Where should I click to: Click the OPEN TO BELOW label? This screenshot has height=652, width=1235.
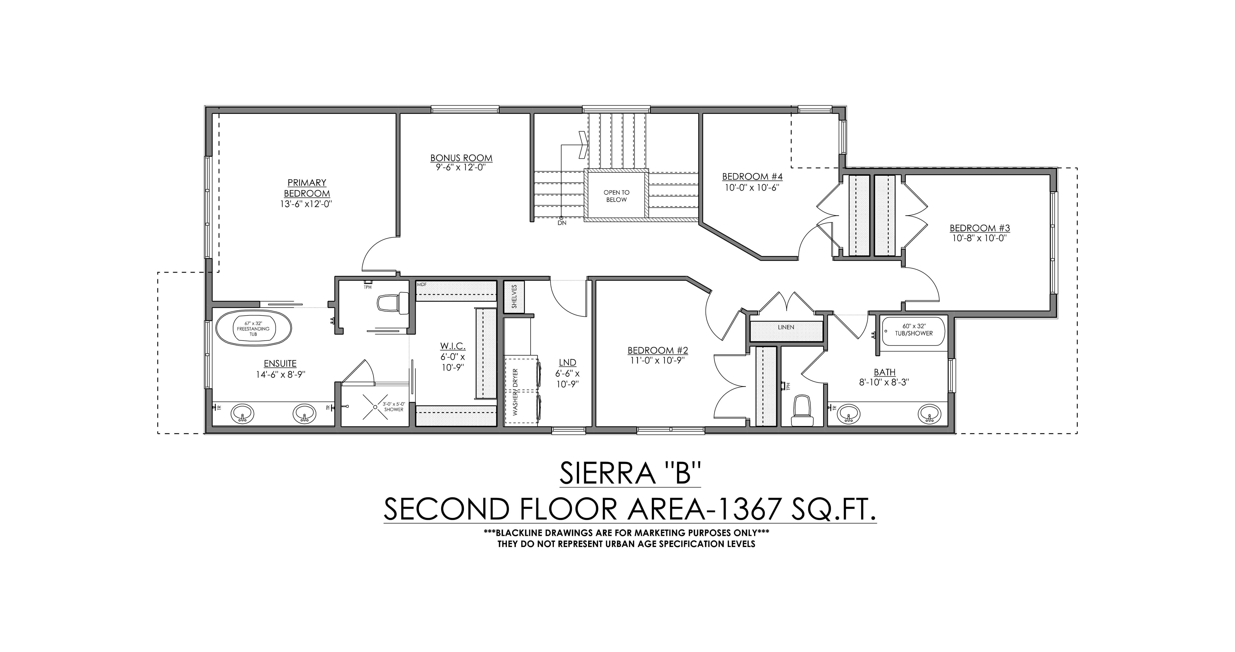click(616, 196)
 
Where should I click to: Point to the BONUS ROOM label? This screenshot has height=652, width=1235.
click(461, 158)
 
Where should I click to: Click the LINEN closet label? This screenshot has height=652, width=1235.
click(786, 327)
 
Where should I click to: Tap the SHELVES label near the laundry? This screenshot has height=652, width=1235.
click(514, 297)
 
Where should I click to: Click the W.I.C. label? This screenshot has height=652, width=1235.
click(453, 346)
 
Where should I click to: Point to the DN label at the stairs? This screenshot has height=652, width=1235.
click(562, 223)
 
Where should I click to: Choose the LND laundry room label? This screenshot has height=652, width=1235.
click(567, 363)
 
